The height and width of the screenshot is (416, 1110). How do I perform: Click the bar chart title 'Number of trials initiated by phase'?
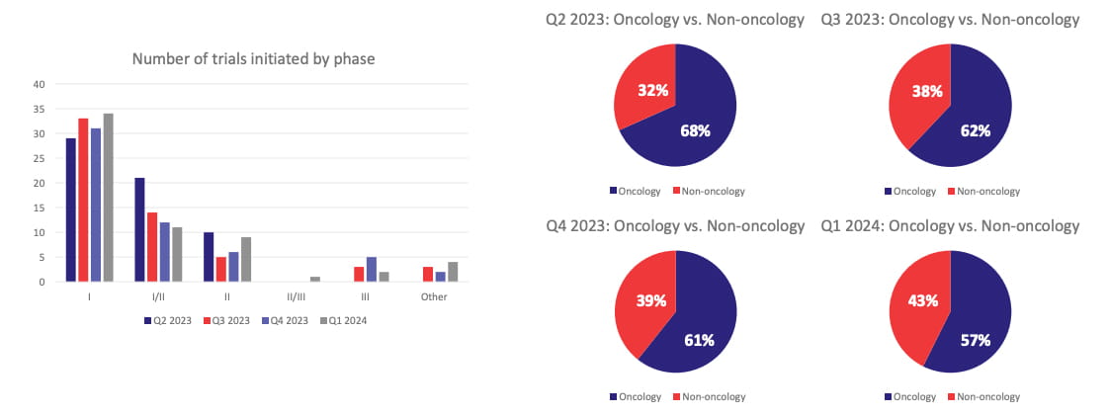tap(253, 59)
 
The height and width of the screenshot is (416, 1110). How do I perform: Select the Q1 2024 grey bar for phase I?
tap(108, 198)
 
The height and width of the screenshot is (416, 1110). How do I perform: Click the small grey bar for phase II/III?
tap(315, 279)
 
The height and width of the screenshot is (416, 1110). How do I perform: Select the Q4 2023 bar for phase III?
tap(372, 269)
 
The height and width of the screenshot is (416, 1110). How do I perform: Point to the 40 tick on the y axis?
tap(40, 84)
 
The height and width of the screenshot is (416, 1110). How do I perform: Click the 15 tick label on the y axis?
tap(40, 208)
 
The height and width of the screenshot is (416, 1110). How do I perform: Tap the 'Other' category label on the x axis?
tap(433, 296)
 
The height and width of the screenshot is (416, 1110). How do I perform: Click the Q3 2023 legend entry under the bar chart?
tap(227, 320)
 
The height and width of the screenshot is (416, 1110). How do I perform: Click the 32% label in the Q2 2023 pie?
tap(652, 90)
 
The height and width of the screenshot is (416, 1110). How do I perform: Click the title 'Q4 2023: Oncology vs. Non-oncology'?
tap(675, 226)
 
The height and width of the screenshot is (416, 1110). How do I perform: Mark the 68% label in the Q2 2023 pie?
tap(695, 129)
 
